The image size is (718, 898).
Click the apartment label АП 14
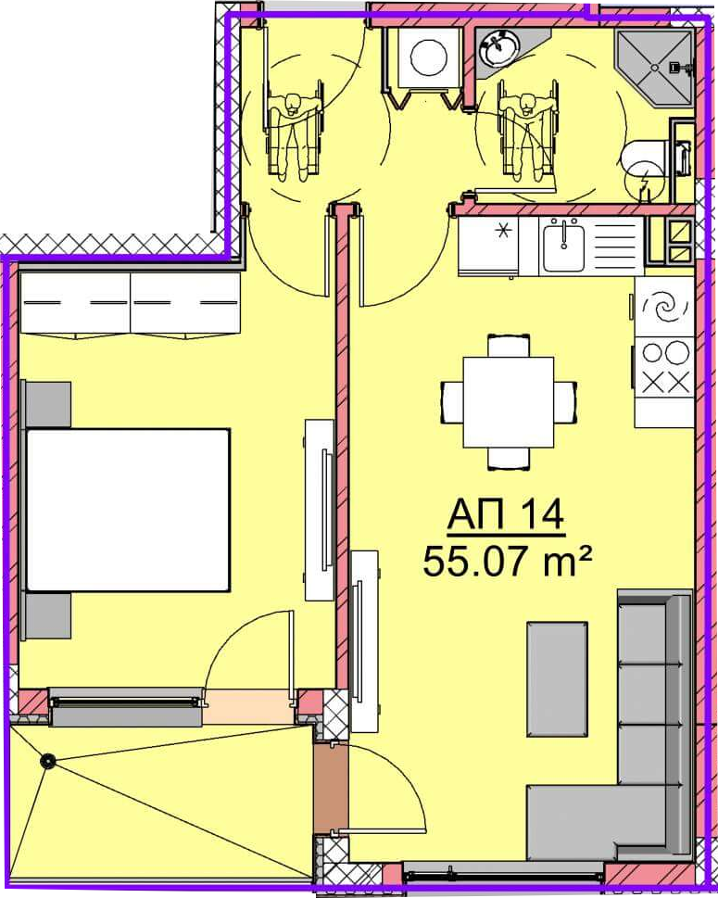tap(506, 515)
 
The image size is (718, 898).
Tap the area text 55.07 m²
tap(506, 562)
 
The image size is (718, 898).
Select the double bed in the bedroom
tap(128, 511)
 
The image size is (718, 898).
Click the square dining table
tap(509, 402)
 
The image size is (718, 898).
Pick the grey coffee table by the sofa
tap(557, 678)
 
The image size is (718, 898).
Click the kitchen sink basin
tap(564, 248)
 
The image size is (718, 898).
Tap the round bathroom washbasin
tap(500, 48)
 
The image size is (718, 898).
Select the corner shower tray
tap(654, 68)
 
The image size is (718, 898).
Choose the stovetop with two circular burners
tap(664, 367)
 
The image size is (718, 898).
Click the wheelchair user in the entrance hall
tap(294, 135)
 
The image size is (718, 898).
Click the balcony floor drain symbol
tap(47, 761)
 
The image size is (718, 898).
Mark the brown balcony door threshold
tap(331, 788)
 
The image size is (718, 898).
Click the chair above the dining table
tap(509, 346)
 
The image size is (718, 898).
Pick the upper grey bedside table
tap(48, 404)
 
